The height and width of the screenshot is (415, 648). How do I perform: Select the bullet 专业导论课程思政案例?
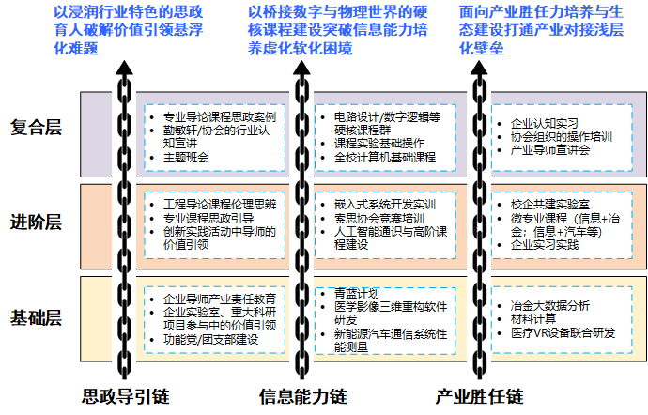point(219,116)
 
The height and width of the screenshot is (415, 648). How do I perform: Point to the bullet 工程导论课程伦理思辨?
point(219,203)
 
